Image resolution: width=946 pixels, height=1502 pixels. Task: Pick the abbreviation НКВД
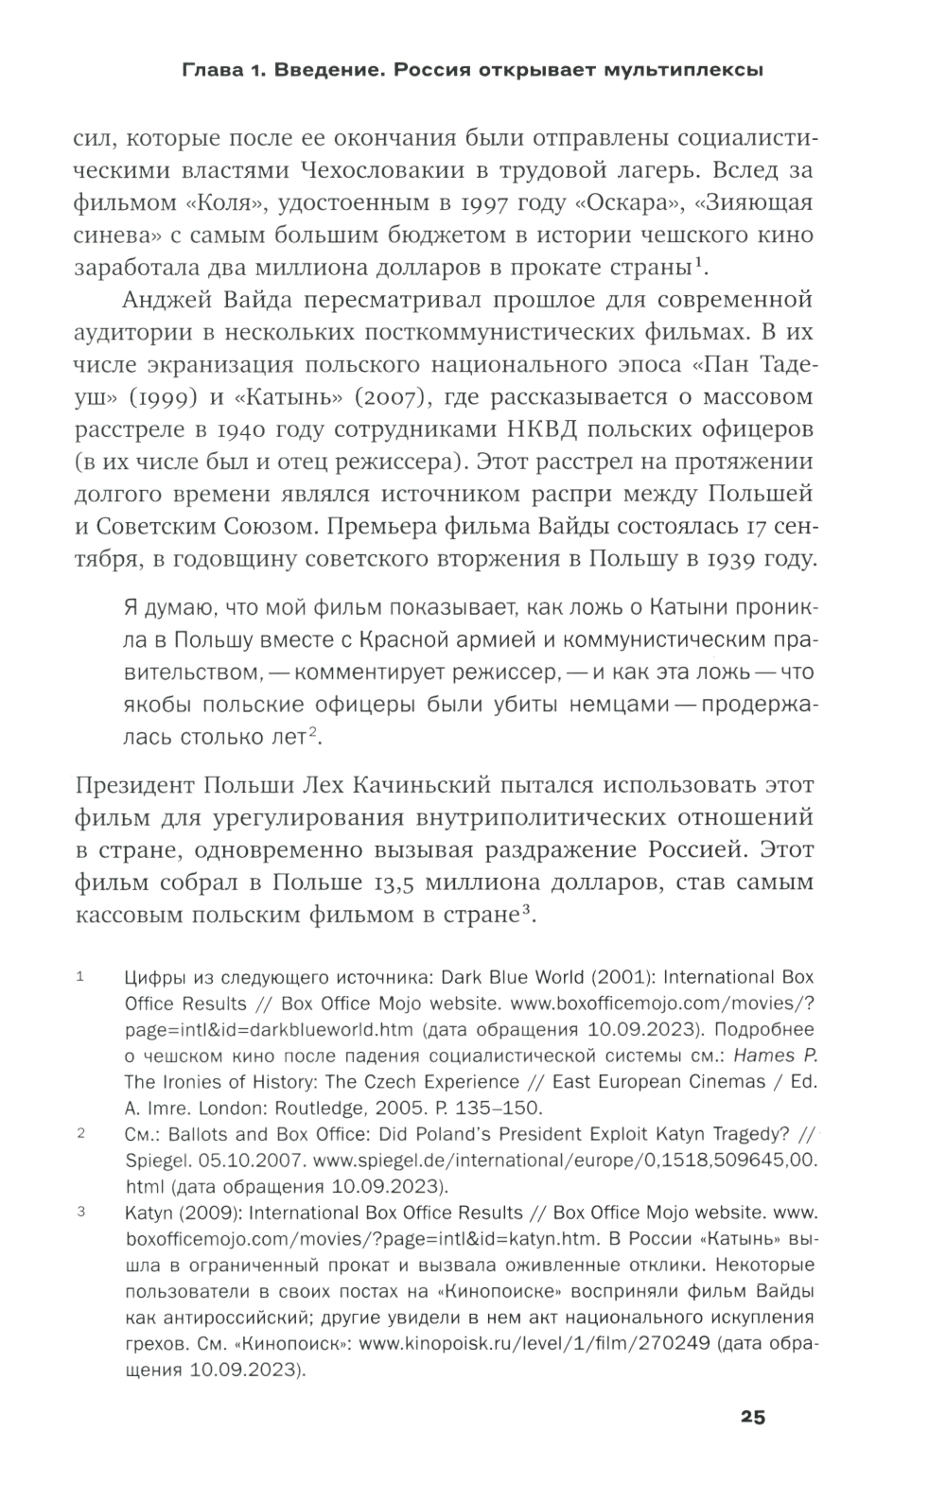(x=536, y=428)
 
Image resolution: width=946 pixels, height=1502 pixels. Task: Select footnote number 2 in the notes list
(x=80, y=1133)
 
